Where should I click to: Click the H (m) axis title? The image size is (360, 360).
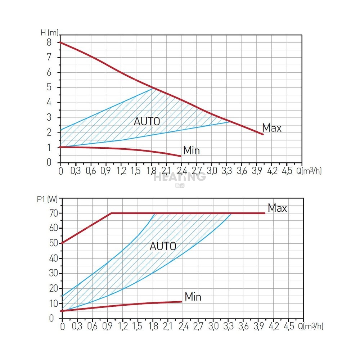48,33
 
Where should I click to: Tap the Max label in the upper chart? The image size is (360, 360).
272,128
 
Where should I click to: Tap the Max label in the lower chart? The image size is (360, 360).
277,208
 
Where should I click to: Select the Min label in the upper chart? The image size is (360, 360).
191,150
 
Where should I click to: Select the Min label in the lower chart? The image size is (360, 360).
193,297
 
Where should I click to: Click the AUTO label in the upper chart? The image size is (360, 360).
147,121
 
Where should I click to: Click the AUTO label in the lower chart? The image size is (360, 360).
163,246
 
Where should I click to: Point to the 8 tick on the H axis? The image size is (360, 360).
49,42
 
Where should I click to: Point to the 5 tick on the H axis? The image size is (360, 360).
49,87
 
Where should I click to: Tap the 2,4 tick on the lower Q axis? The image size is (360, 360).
183,327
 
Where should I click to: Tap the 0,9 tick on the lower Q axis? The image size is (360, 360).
107,327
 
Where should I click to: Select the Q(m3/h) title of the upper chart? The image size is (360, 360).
309,170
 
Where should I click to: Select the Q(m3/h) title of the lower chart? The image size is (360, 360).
311,327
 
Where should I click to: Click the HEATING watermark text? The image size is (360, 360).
180,177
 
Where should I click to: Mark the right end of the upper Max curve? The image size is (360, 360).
263,134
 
